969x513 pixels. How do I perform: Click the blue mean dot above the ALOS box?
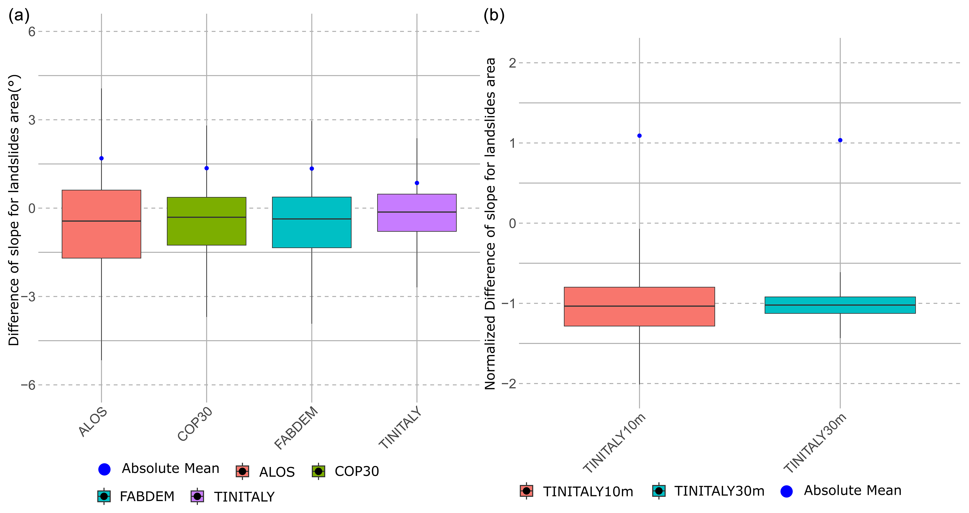coord(102,158)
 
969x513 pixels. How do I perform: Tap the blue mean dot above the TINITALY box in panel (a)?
coord(417,183)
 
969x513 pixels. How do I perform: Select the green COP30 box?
coord(206,221)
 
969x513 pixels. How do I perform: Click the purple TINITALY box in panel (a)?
coord(417,213)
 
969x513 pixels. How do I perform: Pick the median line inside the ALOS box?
coord(102,221)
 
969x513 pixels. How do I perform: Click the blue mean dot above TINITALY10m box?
coord(639,136)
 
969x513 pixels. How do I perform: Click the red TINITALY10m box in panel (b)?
coord(639,307)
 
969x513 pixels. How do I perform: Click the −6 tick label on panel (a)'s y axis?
coord(28,385)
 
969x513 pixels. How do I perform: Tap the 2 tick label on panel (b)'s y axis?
coord(512,63)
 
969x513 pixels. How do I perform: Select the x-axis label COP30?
coord(195,424)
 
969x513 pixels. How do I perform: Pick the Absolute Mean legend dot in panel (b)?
coord(786,491)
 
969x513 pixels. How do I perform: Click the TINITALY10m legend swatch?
coord(527,491)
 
